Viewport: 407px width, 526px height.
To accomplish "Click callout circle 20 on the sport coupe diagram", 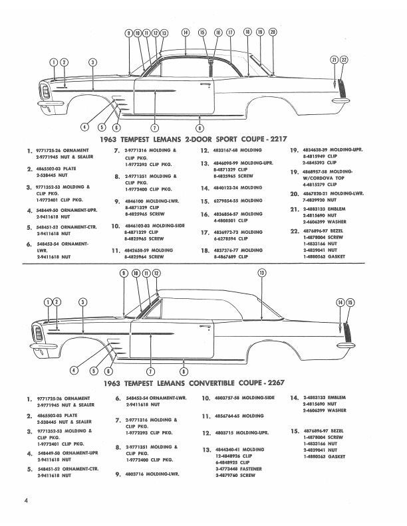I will pyautogui.click(x=272, y=32).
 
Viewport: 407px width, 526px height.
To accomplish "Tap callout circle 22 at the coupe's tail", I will pyautogui.click(x=344, y=60).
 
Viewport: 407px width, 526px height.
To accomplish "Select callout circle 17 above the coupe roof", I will pyautogui.click(x=230, y=32).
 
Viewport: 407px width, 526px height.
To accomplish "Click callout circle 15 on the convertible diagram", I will pyautogui.click(x=350, y=302).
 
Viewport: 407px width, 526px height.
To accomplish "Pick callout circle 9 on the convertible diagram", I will pyautogui.click(x=124, y=292).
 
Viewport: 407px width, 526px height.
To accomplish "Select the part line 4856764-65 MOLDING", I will pyautogui.click(x=233, y=416).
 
